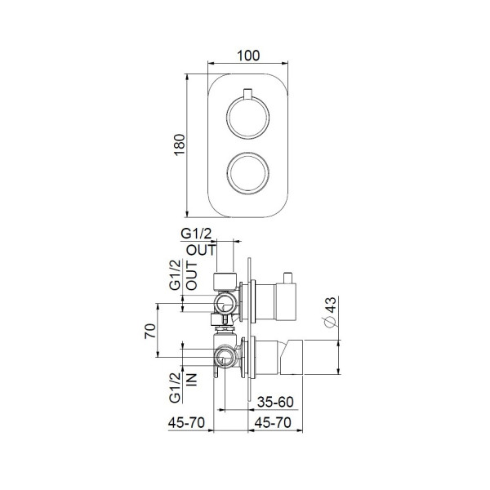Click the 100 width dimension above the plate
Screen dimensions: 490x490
(x=248, y=56)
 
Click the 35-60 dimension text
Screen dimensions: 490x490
(x=275, y=403)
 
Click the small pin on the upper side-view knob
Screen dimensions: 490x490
(x=287, y=273)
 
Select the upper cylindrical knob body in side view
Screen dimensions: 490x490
(x=286, y=300)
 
